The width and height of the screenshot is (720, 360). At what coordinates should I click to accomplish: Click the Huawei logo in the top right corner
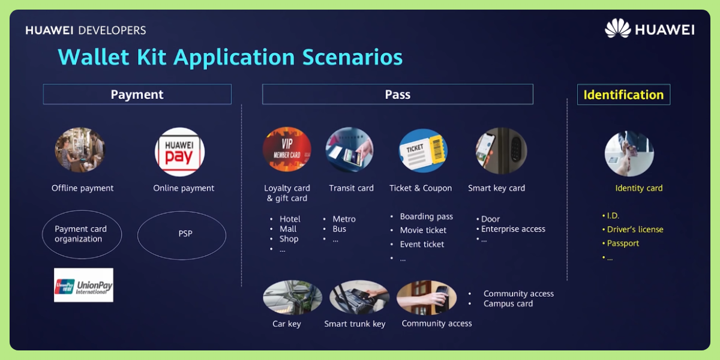coord(649,29)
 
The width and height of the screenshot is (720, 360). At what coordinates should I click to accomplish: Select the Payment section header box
coord(137,94)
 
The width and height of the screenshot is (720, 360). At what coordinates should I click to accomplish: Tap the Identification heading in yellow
coord(623,95)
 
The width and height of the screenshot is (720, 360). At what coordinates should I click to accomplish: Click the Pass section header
coord(397,94)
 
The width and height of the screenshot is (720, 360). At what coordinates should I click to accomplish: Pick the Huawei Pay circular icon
coord(179,152)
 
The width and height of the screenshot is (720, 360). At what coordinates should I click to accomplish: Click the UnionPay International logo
coord(83,285)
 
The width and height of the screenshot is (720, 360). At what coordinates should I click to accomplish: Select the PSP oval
coord(182,234)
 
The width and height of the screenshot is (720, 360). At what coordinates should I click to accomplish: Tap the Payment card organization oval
coord(82,234)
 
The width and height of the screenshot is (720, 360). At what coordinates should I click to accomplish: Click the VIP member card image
coord(287,150)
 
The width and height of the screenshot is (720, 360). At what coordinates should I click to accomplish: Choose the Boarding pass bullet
coord(426,217)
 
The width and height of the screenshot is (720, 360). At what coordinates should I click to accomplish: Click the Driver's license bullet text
coord(635,229)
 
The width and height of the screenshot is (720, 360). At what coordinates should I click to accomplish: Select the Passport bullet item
coord(623,243)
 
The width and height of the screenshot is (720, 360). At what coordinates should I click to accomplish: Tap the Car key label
coord(286,324)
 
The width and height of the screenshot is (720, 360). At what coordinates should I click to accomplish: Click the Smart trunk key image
coord(359,297)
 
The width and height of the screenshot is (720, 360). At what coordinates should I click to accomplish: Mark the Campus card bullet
coord(508,304)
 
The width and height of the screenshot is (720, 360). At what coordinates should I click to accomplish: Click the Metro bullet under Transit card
coord(344,219)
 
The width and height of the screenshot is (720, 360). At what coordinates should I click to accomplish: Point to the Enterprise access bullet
coord(513,229)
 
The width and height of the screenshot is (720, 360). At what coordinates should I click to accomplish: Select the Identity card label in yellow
coord(638,188)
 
